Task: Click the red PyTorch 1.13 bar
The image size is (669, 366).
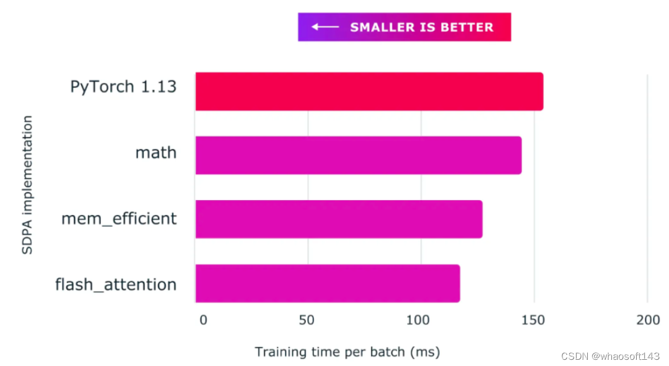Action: [x=369, y=92]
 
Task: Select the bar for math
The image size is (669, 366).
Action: [x=358, y=155]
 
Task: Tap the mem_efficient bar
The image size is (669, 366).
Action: [x=339, y=219]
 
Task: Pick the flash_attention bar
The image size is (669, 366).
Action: [x=328, y=284]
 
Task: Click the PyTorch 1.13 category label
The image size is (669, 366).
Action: [x=123, y=87]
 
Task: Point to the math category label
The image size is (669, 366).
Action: [x=156, y=152]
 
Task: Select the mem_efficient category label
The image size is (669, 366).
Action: [x=119, y=219]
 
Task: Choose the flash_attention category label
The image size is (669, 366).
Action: [x=116, y=285]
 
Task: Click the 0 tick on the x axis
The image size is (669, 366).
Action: [x=203, y=320]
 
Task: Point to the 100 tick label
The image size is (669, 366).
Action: [x=418, y=320]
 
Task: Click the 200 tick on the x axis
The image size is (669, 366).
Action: [x=647, y=320]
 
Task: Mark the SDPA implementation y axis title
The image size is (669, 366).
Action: [x=27, y=185]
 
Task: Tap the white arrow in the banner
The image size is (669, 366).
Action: [x=325, y=27]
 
